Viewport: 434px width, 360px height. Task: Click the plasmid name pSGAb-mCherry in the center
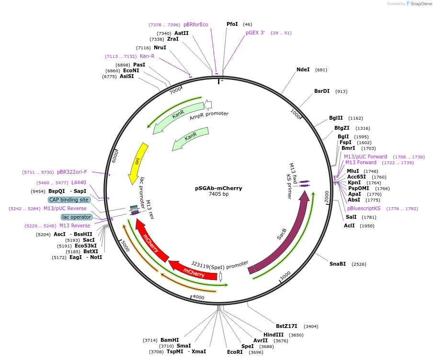pyautogui.click(x=218, y=188)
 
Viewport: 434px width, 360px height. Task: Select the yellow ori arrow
pyautogui.click(x=137, y=163)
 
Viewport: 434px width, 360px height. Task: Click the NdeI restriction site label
pyautogui.click(x=303, y=69)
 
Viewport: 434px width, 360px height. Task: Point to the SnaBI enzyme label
pyautogui.click(x=337, y=264)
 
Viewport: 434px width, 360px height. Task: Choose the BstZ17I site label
pyautogui.click(x=286, y=326)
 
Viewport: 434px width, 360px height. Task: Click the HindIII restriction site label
pyautogui.click(x=274, y=335)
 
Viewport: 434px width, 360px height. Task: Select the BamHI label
pyautogui.click(x=170, y=340)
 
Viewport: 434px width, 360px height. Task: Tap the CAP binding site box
pyautogui.click(x=69, y=200)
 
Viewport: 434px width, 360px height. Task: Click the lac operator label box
pyautogui.click(x=76, y=217)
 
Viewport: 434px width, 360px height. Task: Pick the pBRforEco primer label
pyautogui.click(x=196, y=24)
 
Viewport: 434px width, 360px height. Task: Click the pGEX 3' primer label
pyautogui.click(x=255, y=33)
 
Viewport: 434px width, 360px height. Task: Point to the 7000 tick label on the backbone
pyautogui.click(x=175, y=90)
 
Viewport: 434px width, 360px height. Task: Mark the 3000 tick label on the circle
pyautogui.click(x=285, y=276)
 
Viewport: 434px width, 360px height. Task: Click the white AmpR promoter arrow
pyautogui.click(x=208, y=105)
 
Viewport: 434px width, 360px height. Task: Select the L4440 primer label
pyautogui.click(x=79, y=182)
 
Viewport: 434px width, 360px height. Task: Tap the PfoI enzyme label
pyautogui.click(x=232, y=24)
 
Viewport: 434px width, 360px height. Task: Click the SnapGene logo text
pyautogui.click(x=421, y=4)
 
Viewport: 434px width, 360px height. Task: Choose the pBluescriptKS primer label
pyautogui.click(x=364, y=208)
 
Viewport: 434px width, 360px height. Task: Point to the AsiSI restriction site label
pyautogui.click(x=127, y=76)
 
